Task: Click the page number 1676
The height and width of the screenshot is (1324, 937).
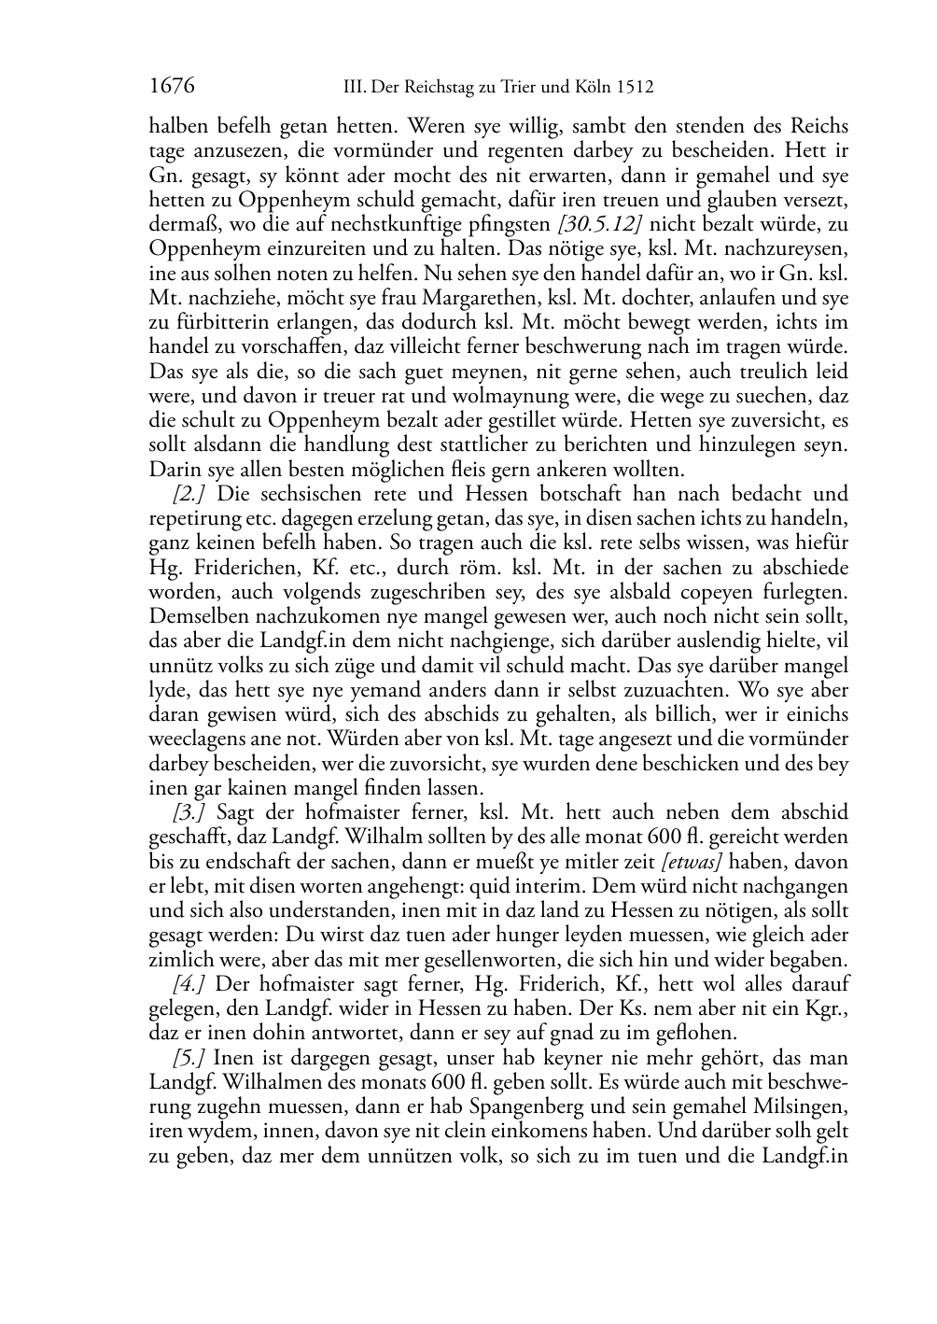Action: click(172, 87)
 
